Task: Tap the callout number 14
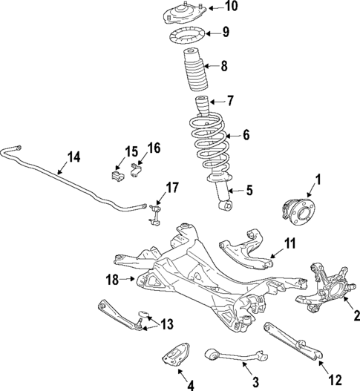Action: [x=73, y=157]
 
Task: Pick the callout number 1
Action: [x=318, y=179]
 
